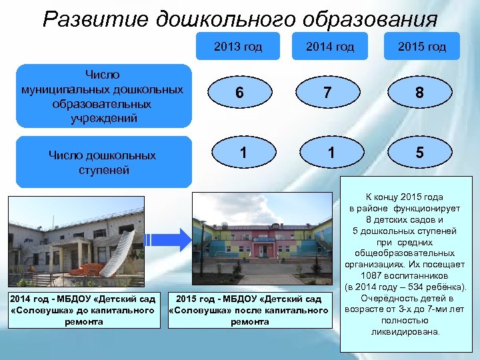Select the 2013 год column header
tap(238, 47)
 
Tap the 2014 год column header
tap(330, 47)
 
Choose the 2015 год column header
tap(421, 47)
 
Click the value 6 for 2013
tap(239, 94)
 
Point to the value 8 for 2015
tap(419, 94)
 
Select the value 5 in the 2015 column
tap(419, 153)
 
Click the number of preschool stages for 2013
tap(243, 153)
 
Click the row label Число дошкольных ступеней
tap(102, 162)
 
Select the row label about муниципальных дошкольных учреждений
tap(102, 95)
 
